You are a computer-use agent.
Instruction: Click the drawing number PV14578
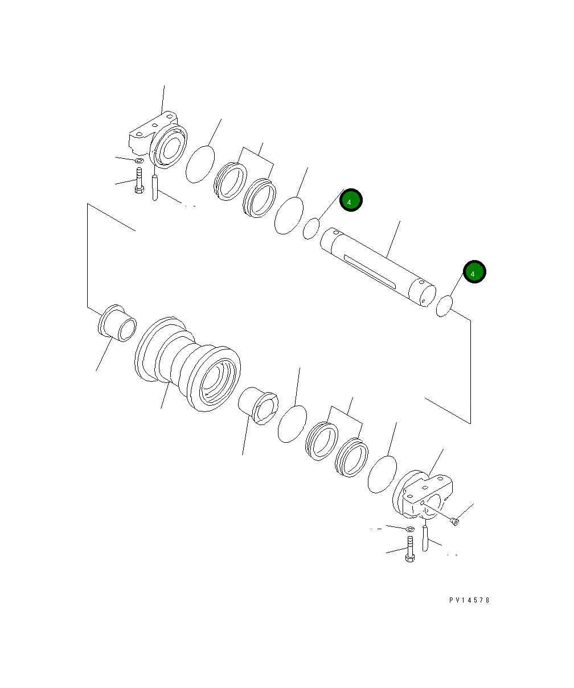[x=469, y=600]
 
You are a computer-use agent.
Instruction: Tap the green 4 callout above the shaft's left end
[x=351, y=200]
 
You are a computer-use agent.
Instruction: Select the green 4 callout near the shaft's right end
[x=474, y=273]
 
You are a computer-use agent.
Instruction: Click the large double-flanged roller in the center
[x=188, y=364]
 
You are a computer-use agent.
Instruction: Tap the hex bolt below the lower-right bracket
[x=409, y=549]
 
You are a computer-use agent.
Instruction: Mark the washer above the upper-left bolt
[x=139, y=161]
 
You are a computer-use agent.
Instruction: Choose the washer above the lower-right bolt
[x=409, y=529]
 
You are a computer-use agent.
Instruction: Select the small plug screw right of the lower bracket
[x=454, y=521]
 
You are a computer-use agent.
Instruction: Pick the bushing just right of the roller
[x=258, y=405]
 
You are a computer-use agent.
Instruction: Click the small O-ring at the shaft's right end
[x=444, y=306]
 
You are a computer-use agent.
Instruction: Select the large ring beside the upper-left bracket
[x=200, y=164]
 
